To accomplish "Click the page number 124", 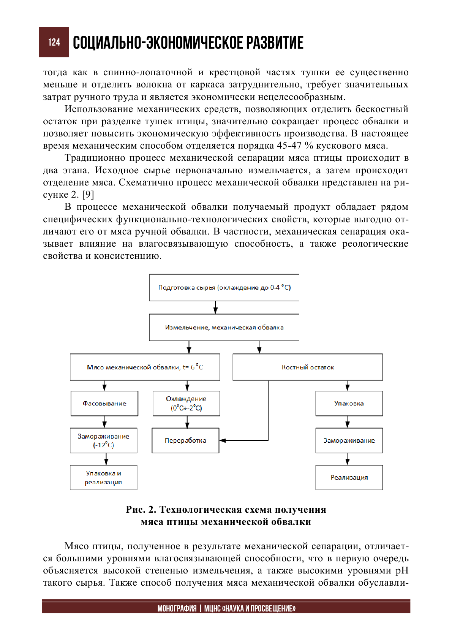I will [x=54, y=42].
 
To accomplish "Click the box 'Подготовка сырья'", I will [x=224, y=288].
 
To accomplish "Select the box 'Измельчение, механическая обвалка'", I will [x=224, y=327].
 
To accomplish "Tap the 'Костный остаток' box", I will [x=308, y=367].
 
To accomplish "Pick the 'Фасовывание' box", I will [x=104, y=403].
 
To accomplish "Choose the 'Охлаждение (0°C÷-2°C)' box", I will [x=186, y=403].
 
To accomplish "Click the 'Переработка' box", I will [x=185, y=440].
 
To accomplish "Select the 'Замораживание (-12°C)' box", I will [x=103, y=440].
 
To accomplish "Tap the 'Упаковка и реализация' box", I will [x=103, y=478].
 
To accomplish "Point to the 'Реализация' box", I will [x=349, y=478].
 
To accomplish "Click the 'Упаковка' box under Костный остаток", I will [x=349, y=403].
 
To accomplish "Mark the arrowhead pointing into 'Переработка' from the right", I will [x=223, y=440].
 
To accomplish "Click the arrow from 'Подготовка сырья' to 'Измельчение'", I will [x=215, y=307].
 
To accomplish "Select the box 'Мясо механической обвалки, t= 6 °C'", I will [x=145, y=367].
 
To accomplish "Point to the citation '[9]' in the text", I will [x=88, y=195].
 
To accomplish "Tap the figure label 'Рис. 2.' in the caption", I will [x=141, y=509].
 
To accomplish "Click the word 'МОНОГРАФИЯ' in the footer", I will [x=177, y=608].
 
